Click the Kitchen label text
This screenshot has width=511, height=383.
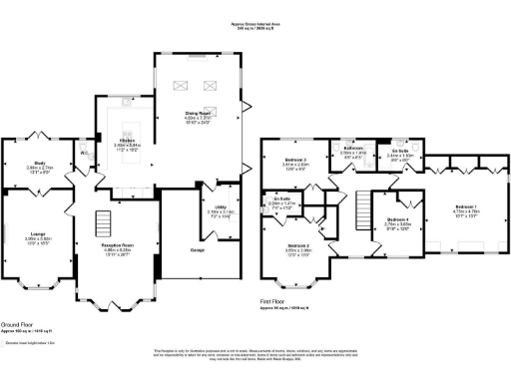(x=128, y=142)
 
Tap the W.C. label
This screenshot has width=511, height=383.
(x=85, y=153)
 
